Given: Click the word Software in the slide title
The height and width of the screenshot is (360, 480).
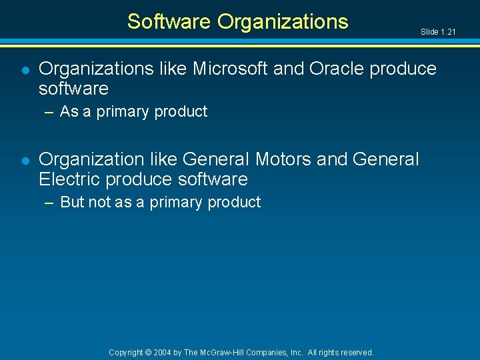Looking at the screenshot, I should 169,22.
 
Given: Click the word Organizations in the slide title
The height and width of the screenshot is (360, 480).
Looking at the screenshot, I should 283,22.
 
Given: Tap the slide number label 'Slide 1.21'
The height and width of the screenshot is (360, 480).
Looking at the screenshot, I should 438,31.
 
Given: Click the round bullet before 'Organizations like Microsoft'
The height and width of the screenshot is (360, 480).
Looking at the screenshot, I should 25,69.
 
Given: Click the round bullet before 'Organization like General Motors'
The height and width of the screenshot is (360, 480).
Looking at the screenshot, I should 25,160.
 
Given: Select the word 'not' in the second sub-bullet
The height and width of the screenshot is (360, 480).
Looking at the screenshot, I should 99,202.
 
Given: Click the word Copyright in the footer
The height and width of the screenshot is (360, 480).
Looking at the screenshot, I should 126,352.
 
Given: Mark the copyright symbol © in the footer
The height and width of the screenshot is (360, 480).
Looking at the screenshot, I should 149,352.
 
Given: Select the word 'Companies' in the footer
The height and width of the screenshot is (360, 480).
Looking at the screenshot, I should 272,352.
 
